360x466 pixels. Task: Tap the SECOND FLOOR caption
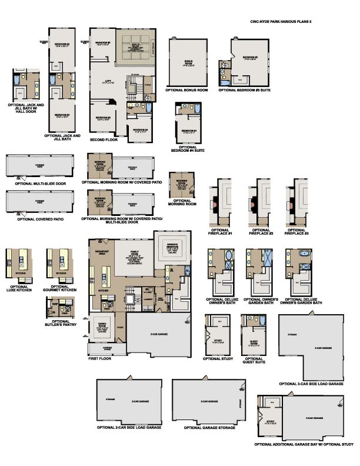(102, 140)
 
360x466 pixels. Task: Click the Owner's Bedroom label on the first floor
(172, 247)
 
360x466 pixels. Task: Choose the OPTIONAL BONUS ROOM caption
(187, 90)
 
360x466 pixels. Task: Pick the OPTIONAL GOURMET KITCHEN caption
(60, 288)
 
